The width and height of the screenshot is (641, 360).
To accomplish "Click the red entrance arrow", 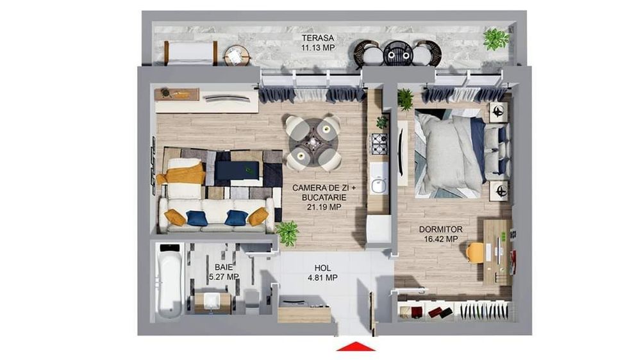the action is (356, 346).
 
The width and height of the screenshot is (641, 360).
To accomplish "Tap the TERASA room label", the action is (318, 38).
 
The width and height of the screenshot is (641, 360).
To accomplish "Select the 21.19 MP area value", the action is (324, 207).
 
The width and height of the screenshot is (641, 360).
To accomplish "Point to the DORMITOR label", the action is (441, 230).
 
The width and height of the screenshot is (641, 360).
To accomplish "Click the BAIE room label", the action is (224, 267).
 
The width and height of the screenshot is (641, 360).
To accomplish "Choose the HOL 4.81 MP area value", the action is (322, 278).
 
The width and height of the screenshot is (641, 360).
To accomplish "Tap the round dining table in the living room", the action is (313, 142).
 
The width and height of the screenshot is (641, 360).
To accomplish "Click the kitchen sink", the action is (379, 184).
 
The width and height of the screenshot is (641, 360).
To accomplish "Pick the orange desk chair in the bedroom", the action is (474, 252).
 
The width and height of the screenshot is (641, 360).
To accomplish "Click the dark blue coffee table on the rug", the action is (237, 170).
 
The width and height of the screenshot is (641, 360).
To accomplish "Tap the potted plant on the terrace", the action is (496, 39).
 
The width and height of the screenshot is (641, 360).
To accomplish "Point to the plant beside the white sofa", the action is (288, 233).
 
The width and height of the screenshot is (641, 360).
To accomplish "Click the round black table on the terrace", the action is (398, 53).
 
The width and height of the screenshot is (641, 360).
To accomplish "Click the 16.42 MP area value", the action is (441, 239).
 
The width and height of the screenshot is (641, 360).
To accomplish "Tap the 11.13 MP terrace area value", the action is (318, 48).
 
